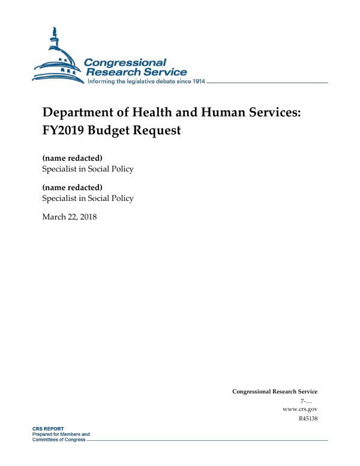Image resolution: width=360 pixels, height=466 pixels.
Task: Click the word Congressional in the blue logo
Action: (x=125, y=62)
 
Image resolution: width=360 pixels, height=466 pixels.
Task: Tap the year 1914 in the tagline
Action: (x=197, y=82)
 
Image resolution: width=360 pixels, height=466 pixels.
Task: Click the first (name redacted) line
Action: (x=72, y=158)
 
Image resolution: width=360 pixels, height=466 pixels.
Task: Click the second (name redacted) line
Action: (x=72, y=188)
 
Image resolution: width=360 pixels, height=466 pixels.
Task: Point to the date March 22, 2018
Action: (x=69, y=217)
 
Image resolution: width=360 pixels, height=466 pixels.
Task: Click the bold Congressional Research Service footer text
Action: (x=275, y=392)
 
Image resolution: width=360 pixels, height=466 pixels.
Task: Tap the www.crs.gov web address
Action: (x=299, y=409)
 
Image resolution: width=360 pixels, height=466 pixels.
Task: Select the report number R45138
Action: (x=308, y=418)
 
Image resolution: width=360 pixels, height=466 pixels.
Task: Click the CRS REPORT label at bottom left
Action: (x=48, y=429)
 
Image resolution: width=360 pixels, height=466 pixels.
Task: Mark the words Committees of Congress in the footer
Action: (x=58, y=439)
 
